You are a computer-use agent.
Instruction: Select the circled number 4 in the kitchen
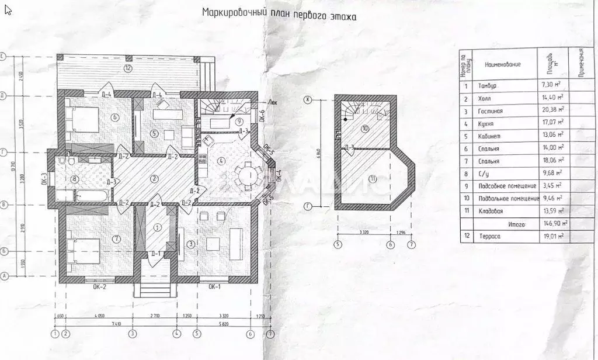click(220, 160)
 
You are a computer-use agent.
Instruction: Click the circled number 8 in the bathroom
click(74, 179)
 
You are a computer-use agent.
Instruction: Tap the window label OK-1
click(214, 287)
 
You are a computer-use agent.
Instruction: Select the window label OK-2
click(99, 287)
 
